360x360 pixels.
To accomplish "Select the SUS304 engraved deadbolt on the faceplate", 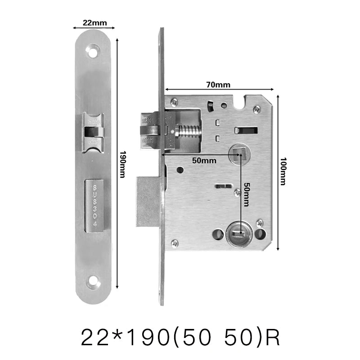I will (x=94, y=206).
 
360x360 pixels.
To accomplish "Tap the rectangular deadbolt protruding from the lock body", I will (x=148, y=201).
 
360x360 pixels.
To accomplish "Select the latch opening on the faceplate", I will (x=94, y=132).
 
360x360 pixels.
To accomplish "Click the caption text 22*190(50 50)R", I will (x=180, y=337).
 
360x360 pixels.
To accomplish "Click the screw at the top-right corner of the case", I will (x=256, y=108).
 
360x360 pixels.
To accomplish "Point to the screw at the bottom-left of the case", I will (x=175, y=243).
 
